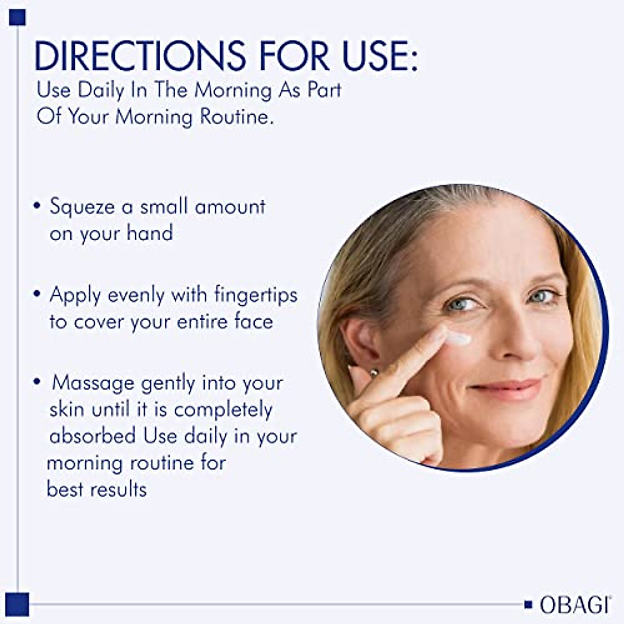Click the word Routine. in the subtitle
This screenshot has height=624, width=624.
coord(237,116)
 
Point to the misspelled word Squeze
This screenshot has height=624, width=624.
coord(82,207)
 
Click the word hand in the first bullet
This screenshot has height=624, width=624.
coord(150,233)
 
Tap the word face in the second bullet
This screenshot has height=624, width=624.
coord(254,321)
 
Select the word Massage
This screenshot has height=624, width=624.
coord(93,383)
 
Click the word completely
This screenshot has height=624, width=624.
coord(224,410)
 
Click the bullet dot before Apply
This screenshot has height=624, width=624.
coord(36,294)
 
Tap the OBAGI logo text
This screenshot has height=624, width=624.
coord(575,605)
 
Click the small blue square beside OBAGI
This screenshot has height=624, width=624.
coord(528,605)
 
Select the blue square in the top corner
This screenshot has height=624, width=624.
coord(17,17)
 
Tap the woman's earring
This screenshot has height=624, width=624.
coord(373,372)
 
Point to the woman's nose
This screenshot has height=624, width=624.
coord(512,338)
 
